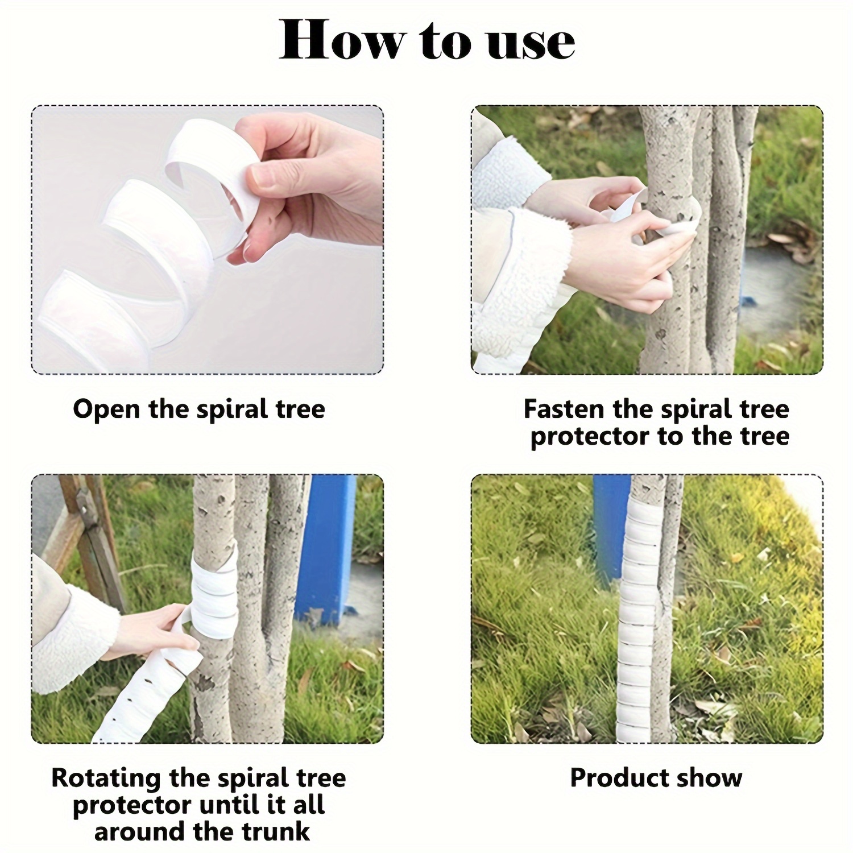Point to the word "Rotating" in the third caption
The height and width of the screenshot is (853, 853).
tap(106, 778)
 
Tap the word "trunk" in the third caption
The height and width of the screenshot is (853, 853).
tap(276, 832)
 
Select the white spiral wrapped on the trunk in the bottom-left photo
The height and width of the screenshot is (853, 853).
tap(213, 589)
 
